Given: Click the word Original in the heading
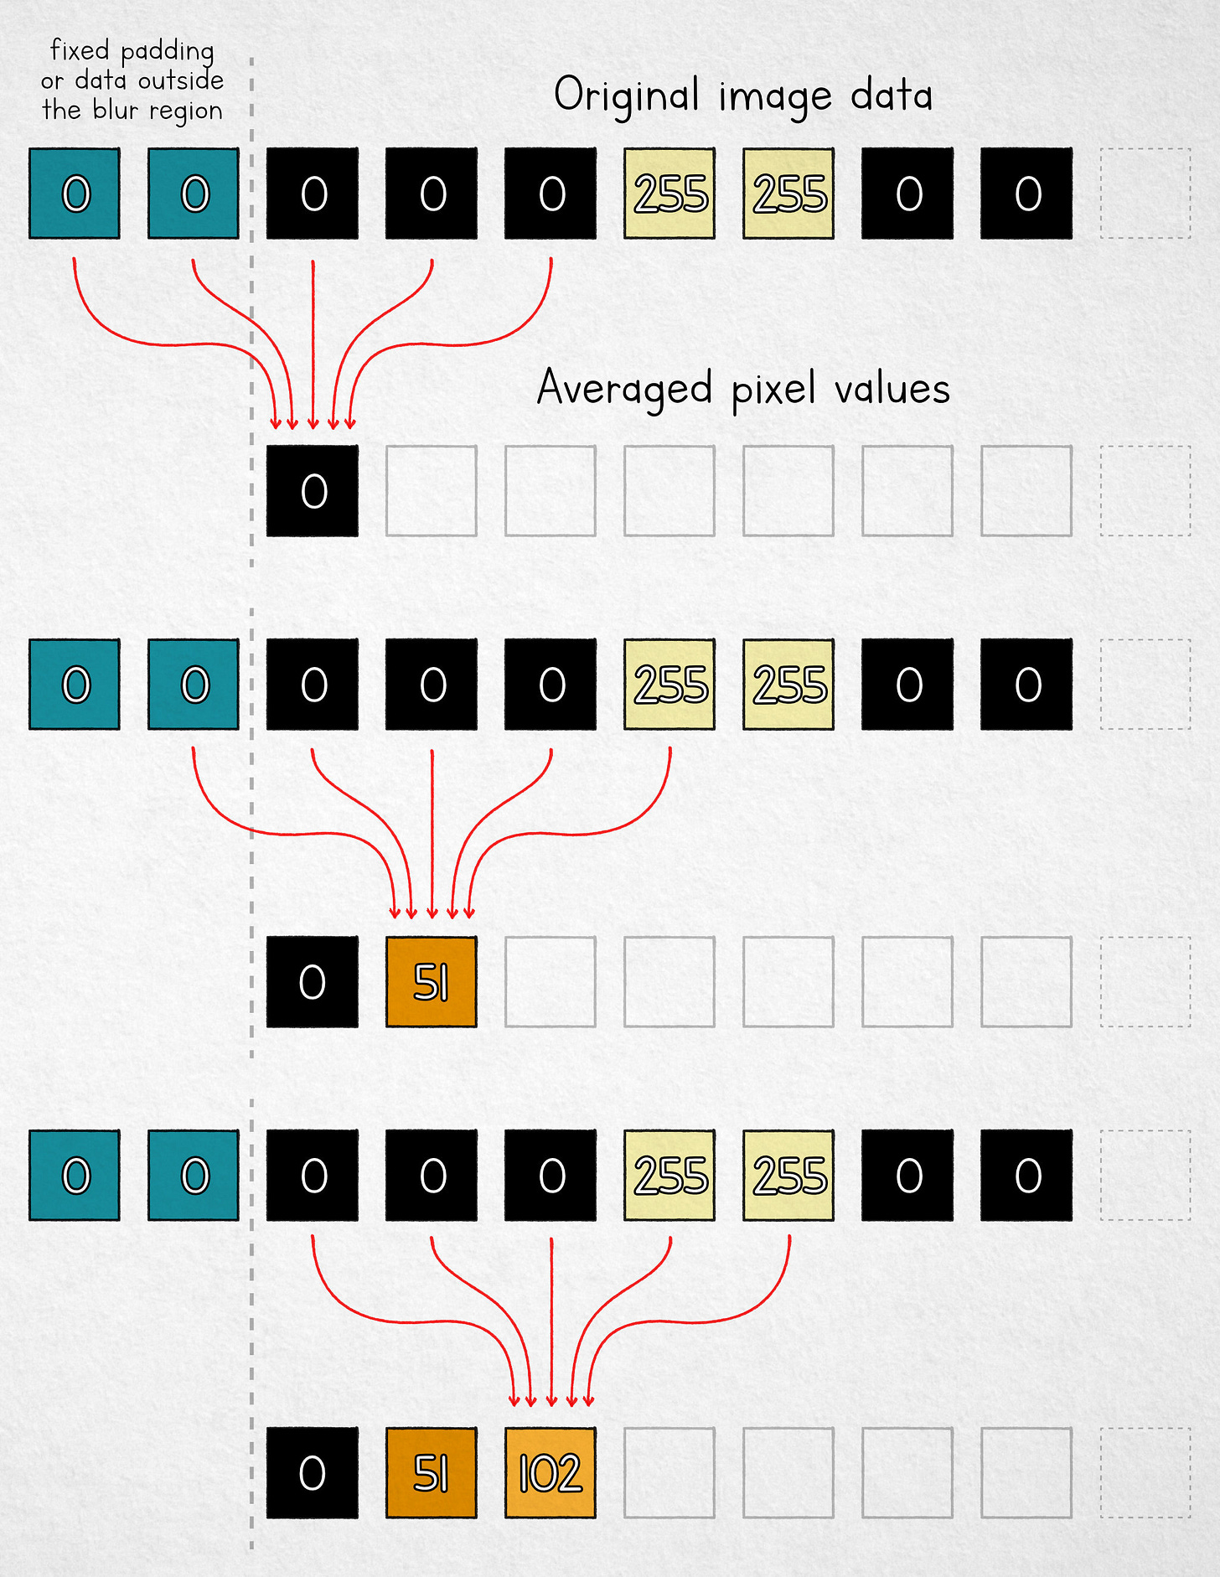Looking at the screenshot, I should tap(626, 96).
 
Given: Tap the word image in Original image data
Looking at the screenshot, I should tap(775, 97).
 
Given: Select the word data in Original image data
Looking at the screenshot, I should tap(892, 95).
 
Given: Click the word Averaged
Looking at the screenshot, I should tap(624, 389).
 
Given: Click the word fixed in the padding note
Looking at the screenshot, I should tap(80, 50).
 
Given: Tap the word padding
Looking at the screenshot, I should tap(168, 53).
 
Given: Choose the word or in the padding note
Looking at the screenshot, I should tap(52, 81).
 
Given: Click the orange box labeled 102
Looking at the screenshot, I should tap(551, 1472).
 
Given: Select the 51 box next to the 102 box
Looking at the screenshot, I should tap(432, 1472).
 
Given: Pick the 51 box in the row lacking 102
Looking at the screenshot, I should tap(432, 981).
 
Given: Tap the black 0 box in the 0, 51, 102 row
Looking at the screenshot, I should tap(313, 1472).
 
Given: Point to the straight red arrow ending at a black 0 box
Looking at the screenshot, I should tap(313, 344).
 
